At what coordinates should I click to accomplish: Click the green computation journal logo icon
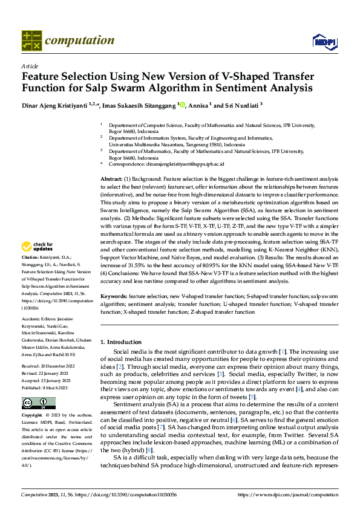coord(31,41)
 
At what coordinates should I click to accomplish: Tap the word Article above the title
coord(30,66)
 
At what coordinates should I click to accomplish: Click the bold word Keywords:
coord(114,297)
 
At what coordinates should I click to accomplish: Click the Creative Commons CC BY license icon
coord(38,403)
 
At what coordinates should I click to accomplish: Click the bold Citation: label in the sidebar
coord(31,274)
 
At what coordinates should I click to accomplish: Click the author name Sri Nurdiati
coord(238,105)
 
